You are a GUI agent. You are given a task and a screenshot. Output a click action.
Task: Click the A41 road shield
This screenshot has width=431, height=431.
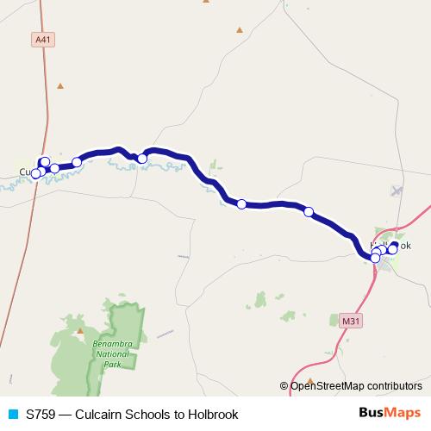(x=42, y=40)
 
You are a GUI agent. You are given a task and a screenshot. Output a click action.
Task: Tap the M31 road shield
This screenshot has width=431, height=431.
(x=350, y=322)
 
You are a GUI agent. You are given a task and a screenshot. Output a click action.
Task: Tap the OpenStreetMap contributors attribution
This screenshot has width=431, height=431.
(x=355, y=385)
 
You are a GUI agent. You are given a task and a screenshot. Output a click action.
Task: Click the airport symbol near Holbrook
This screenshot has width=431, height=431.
(x=397, y=191)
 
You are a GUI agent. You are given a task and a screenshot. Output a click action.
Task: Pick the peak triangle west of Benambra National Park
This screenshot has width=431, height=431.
(x=80, y=330)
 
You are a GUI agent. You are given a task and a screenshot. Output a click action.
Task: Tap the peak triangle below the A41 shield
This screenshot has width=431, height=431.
(x=60, y=85)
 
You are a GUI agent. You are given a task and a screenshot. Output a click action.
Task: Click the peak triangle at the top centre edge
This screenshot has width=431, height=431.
(x=205, y=2)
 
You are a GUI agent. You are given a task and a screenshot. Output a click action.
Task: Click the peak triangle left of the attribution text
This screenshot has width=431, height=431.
(x=310, y=379)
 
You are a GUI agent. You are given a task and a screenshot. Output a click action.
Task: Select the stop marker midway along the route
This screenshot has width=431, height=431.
(x=241, y=204)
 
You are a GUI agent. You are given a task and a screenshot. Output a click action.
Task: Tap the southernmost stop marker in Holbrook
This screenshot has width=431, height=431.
(x=376, y=258)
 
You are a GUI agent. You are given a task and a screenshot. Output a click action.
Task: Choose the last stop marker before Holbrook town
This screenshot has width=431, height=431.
(x=309, y=211)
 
